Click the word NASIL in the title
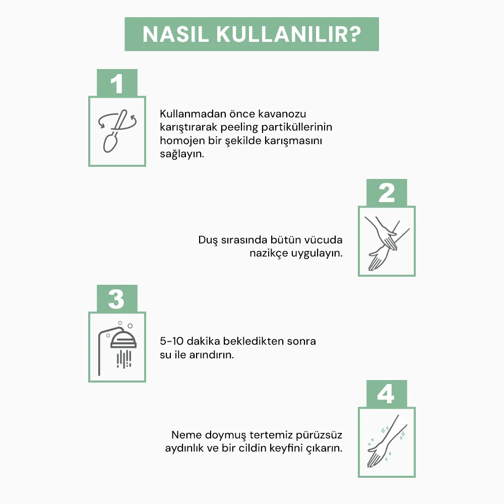click(x=175, y=34)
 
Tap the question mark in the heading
click(x=354, y=34)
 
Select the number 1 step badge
click(x=117, y=83)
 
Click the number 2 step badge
click(x=387, y=193)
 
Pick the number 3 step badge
click(x=117, y=298)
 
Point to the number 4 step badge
click(x=387, y=394)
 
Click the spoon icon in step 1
click(x=115, y=131)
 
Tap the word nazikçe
click(x=269, y=254)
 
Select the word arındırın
click(x=211, y=355)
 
